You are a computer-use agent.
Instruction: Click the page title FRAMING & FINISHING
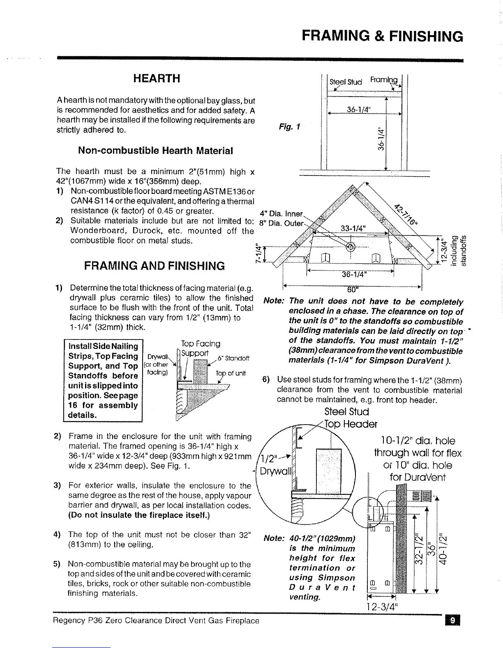coord(382,36)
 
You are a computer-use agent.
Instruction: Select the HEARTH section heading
coord(156,78)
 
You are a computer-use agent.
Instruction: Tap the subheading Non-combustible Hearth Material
coord(155,150)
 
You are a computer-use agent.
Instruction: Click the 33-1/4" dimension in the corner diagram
coord(355,229)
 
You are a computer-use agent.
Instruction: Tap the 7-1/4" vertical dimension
coord(258,255)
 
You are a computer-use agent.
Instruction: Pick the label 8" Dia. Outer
coord(281,224)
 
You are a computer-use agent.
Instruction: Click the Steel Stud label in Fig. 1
coord(346,82)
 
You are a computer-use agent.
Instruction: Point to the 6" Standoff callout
coord(234,358)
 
